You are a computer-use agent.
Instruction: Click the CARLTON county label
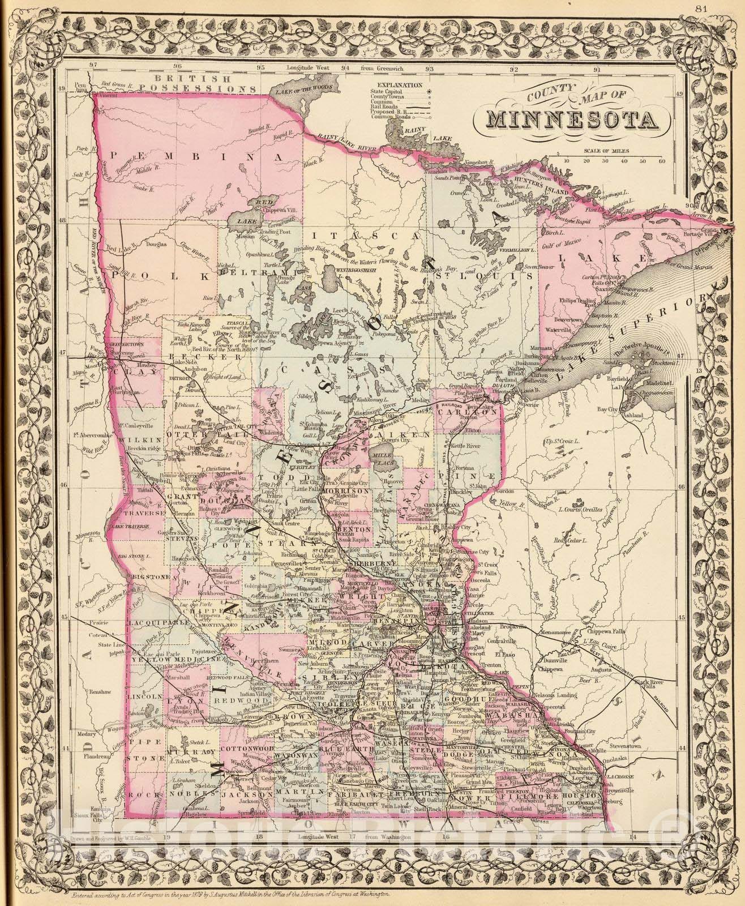[467, 413]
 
